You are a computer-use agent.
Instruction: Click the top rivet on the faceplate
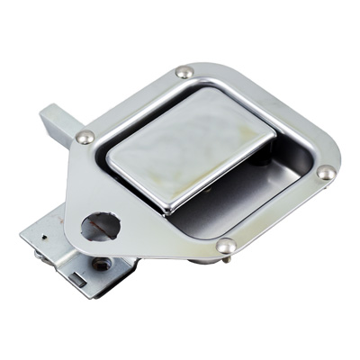(184, 72)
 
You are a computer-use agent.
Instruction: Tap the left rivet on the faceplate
(85, 137)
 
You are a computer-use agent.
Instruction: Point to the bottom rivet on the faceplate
(227, 244)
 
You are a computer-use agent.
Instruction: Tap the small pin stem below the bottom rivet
(227, 258)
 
